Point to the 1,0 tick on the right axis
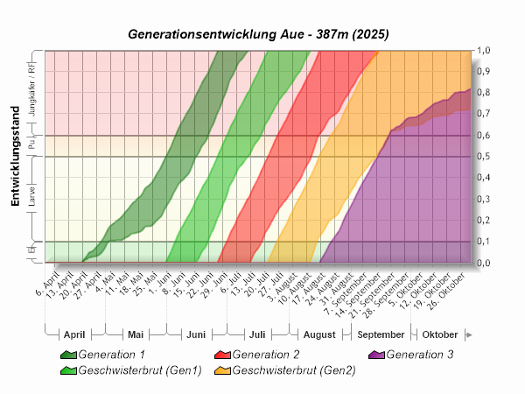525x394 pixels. pyautogui.click(x=483, y=51)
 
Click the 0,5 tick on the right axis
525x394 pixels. pyautogui.click(x=483, y=157)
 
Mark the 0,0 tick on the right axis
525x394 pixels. pyautogui.click(x=483, y=263)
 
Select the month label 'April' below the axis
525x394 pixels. pyautogui.click(x=74, y=334)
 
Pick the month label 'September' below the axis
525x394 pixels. pyautogui.click(x=381, y=334)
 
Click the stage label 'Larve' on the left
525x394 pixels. pyautogui.click(x=32, y=201)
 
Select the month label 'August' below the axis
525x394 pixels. pyautogui.click(x=319, y=334)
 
